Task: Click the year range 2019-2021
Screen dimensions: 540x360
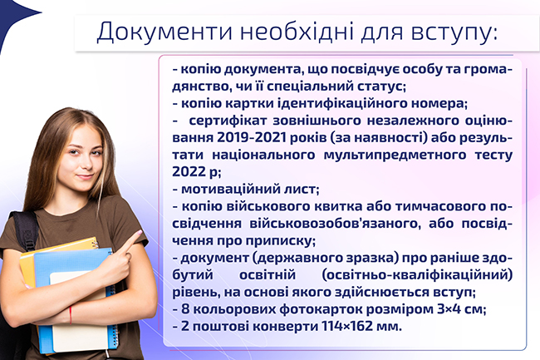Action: coord(252,137)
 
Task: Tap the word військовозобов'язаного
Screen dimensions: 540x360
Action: coord(335,224)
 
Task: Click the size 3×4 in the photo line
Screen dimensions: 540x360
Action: coord(451,309)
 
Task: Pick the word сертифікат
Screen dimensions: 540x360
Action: coord(228,121)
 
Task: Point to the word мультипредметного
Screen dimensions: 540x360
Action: coord(395,155)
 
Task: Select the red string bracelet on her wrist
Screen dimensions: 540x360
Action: coord(71,315)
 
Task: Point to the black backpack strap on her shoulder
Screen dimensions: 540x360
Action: coord(27,229)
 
